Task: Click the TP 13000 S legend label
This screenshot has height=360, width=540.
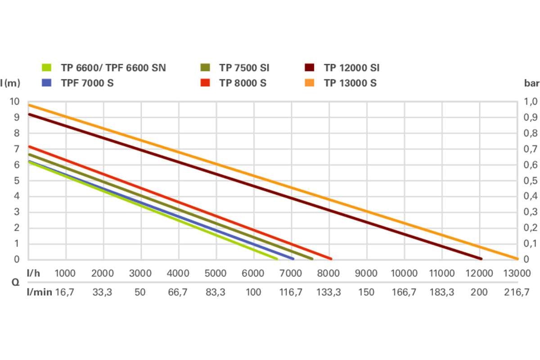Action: (x=350, y=83)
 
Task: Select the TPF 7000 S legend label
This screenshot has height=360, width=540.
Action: (x=87, y=83)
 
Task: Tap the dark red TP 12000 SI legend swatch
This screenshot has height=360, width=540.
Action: (x=309, y=68)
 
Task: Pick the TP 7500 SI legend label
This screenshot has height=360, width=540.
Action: (x=244, y=68)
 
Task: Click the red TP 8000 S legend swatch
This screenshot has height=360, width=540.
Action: (x=205, y=83)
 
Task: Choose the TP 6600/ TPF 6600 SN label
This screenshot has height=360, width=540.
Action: (x=113, y=68)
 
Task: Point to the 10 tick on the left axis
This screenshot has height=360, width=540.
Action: (x=14, y=102)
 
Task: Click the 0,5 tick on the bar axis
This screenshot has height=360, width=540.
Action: (x=531, y=180)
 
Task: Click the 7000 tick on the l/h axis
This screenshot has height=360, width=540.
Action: (x=291, y=273)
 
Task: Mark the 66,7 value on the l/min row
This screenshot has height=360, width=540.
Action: (x=178, y=292)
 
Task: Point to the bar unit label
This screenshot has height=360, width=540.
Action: (x=531, y=83)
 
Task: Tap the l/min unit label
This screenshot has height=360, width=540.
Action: (x=39, y=292)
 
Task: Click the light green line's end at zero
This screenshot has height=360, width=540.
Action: (x=276, y=259)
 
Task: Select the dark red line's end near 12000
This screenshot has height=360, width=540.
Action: (x=481, y=259)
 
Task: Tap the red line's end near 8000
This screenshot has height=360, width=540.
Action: (x=330, y=259)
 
